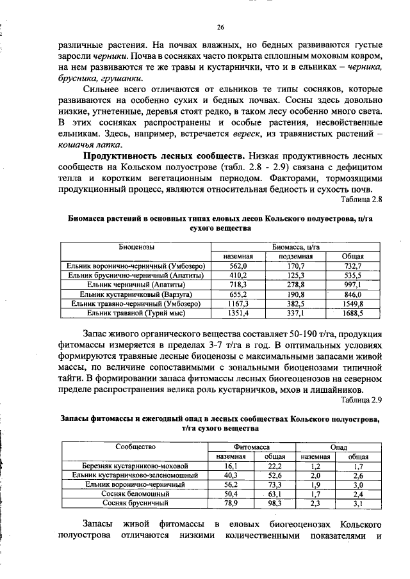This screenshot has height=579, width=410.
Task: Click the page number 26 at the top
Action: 220,27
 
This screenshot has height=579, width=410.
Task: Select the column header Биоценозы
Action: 136,246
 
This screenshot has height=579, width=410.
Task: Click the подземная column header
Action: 295,257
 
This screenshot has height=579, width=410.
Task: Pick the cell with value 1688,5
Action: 352,313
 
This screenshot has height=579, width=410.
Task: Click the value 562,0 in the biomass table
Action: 238,266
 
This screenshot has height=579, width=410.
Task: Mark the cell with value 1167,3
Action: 238,304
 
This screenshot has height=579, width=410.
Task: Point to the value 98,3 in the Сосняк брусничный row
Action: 275,504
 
